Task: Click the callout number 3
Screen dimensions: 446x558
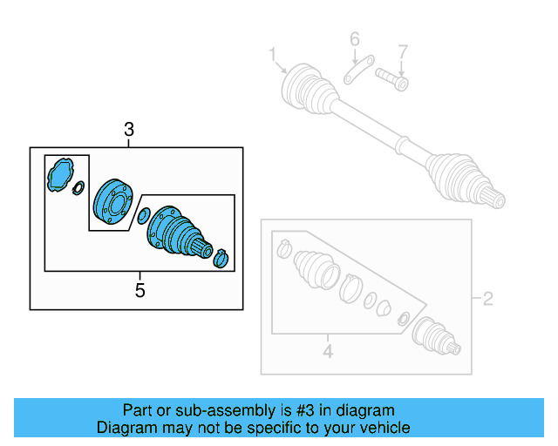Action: (129, 131)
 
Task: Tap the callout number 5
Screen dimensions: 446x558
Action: (139, 290)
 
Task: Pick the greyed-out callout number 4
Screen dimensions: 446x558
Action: (327, 353)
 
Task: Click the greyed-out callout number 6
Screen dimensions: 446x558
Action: (355, 39)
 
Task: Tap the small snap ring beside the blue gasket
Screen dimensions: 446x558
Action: (78, 187)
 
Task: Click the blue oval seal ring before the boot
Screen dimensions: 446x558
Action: (141, 215)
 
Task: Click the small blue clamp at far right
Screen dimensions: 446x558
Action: (221, 257)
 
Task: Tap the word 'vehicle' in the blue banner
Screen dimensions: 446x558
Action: (383, 428)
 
